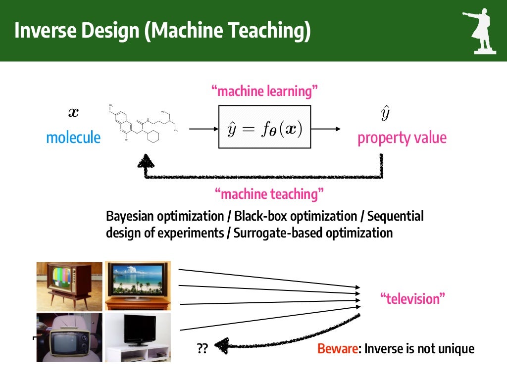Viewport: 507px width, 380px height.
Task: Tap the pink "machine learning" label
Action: [264, 91]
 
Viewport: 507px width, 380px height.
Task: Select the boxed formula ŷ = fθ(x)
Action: [265, 127]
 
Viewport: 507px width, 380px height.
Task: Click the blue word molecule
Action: [73, 138]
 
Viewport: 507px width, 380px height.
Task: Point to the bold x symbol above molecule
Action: [73, 113]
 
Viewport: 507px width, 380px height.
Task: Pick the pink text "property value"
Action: [402, 138]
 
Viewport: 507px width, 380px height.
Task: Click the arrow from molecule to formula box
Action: [203, 129]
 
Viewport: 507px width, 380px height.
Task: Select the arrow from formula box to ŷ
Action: [326, 129]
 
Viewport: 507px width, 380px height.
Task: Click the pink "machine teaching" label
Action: [269, 194]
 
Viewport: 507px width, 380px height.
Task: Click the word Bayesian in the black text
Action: [130, 217]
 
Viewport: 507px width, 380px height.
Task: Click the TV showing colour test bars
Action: [69, 286]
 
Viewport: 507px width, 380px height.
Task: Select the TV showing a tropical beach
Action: [138, 285]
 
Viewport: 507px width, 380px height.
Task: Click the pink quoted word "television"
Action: [413, 299]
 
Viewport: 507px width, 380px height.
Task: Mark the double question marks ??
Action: [202, 349]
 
